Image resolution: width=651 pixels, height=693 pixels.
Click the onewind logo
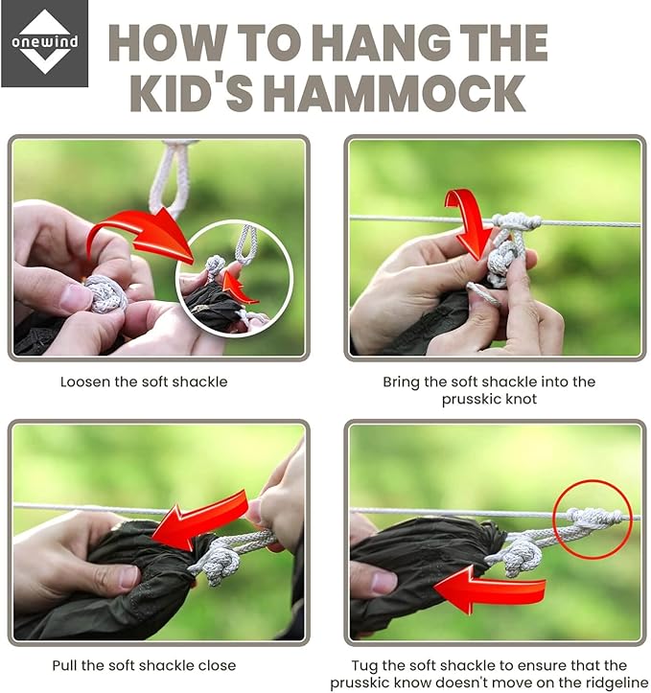click(x=45, y=43)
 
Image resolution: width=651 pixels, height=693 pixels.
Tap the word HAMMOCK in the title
click(x=398, y=94)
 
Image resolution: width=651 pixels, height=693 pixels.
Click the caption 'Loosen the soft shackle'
click(x=144, y=381)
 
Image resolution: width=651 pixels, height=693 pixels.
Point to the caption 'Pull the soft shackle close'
click(x=144, y=665)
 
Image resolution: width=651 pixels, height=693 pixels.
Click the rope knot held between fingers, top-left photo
click(x=105, y=293)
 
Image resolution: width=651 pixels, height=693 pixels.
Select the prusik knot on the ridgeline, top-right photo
click(x=516, y=221)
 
